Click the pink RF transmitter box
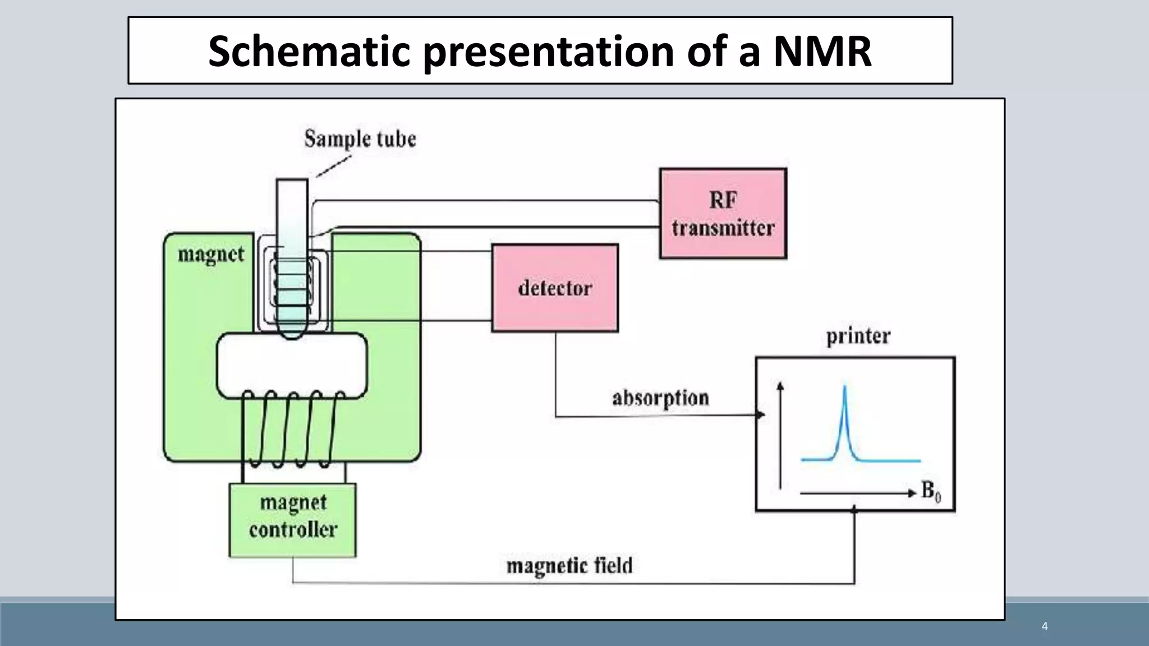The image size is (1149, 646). (x=723, y=214)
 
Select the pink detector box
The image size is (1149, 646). (x=555, y=288)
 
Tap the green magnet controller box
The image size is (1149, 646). (x=292, y=520)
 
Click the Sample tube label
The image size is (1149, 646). (x=360, y=139)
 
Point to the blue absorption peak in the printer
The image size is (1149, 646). (x=845, y=421)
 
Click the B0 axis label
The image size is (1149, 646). (x=931, y=491)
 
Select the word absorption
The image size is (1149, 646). (x=660, y=398)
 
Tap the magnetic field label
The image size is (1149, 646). (x=569, y=565)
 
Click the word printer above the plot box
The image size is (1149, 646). (x=858, y=336)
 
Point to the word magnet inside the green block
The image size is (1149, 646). (x=211, y=255)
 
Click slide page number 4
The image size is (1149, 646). (x=1044, y=626)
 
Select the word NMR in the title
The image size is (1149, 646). (x=822, y=51)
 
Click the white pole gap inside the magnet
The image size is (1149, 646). (x=292, y=365)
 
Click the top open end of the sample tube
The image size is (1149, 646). (x=292, y=181)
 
